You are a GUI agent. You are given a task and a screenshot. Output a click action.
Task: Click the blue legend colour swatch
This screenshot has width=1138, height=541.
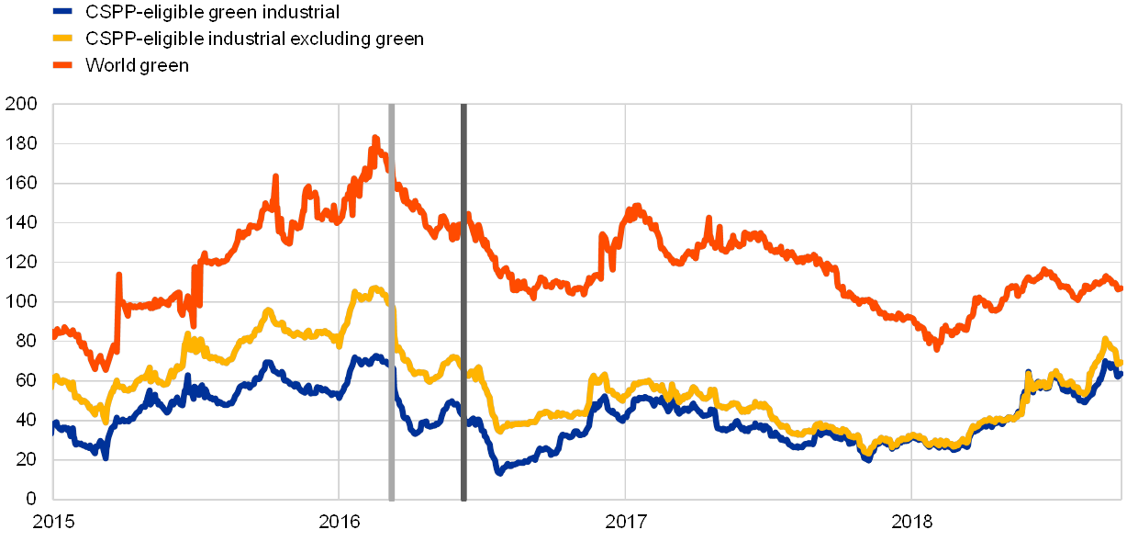[62, 12]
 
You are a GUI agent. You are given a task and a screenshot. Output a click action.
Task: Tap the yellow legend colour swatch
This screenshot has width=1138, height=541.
[62, 39]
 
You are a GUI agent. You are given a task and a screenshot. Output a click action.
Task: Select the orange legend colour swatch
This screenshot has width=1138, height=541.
[62, 65]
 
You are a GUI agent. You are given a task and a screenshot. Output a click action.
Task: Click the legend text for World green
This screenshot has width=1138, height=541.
[137, 65]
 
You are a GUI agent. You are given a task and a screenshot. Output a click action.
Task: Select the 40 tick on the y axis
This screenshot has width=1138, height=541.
[25, 421]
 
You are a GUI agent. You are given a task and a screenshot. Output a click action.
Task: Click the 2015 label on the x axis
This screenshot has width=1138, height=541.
[52, 522]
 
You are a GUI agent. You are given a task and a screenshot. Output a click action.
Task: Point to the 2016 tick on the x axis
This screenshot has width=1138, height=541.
[339, 522]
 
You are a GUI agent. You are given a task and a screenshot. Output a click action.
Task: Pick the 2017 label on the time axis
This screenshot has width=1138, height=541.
[625, 522]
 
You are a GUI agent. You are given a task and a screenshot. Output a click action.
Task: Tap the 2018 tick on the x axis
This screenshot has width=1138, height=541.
[911, 522]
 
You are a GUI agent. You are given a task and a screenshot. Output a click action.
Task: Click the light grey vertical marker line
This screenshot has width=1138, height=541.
[392, 303]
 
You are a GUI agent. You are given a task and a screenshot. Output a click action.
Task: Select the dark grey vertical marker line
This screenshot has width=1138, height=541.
[463, 303]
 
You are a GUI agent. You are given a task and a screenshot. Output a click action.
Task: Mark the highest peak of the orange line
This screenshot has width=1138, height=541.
[374, 139]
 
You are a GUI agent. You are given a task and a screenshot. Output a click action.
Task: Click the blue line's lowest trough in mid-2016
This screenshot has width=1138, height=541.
[499, 472]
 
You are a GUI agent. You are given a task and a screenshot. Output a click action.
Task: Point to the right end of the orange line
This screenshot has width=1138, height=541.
[1120, 288]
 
